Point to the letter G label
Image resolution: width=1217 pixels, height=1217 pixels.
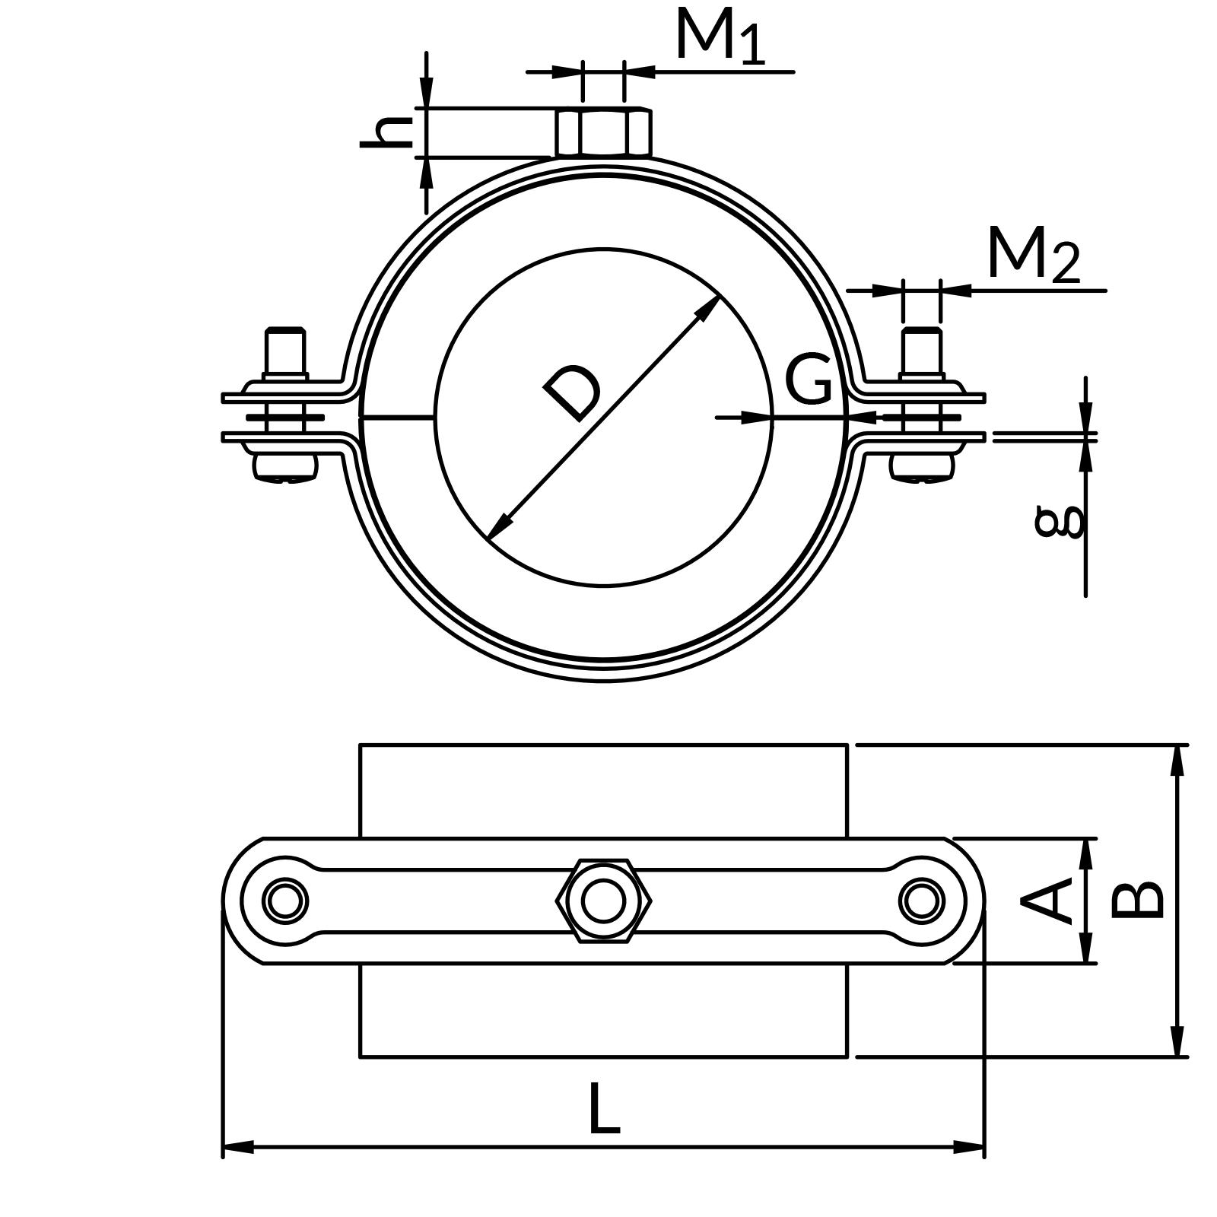coord(808,379)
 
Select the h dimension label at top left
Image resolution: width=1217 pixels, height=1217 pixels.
coord(386,132)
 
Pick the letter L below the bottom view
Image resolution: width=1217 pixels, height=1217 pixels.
coord(605,1111)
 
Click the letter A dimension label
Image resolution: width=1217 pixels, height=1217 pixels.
coord(1048,901)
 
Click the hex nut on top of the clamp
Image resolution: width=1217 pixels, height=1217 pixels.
coord(604,132)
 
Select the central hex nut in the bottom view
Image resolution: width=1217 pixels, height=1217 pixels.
coord(604,901)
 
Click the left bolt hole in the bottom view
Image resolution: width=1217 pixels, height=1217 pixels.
coord(285,901)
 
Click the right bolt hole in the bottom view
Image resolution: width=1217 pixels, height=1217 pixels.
coord(922,901)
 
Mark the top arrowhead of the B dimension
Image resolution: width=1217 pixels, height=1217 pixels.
coord(1177,760)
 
